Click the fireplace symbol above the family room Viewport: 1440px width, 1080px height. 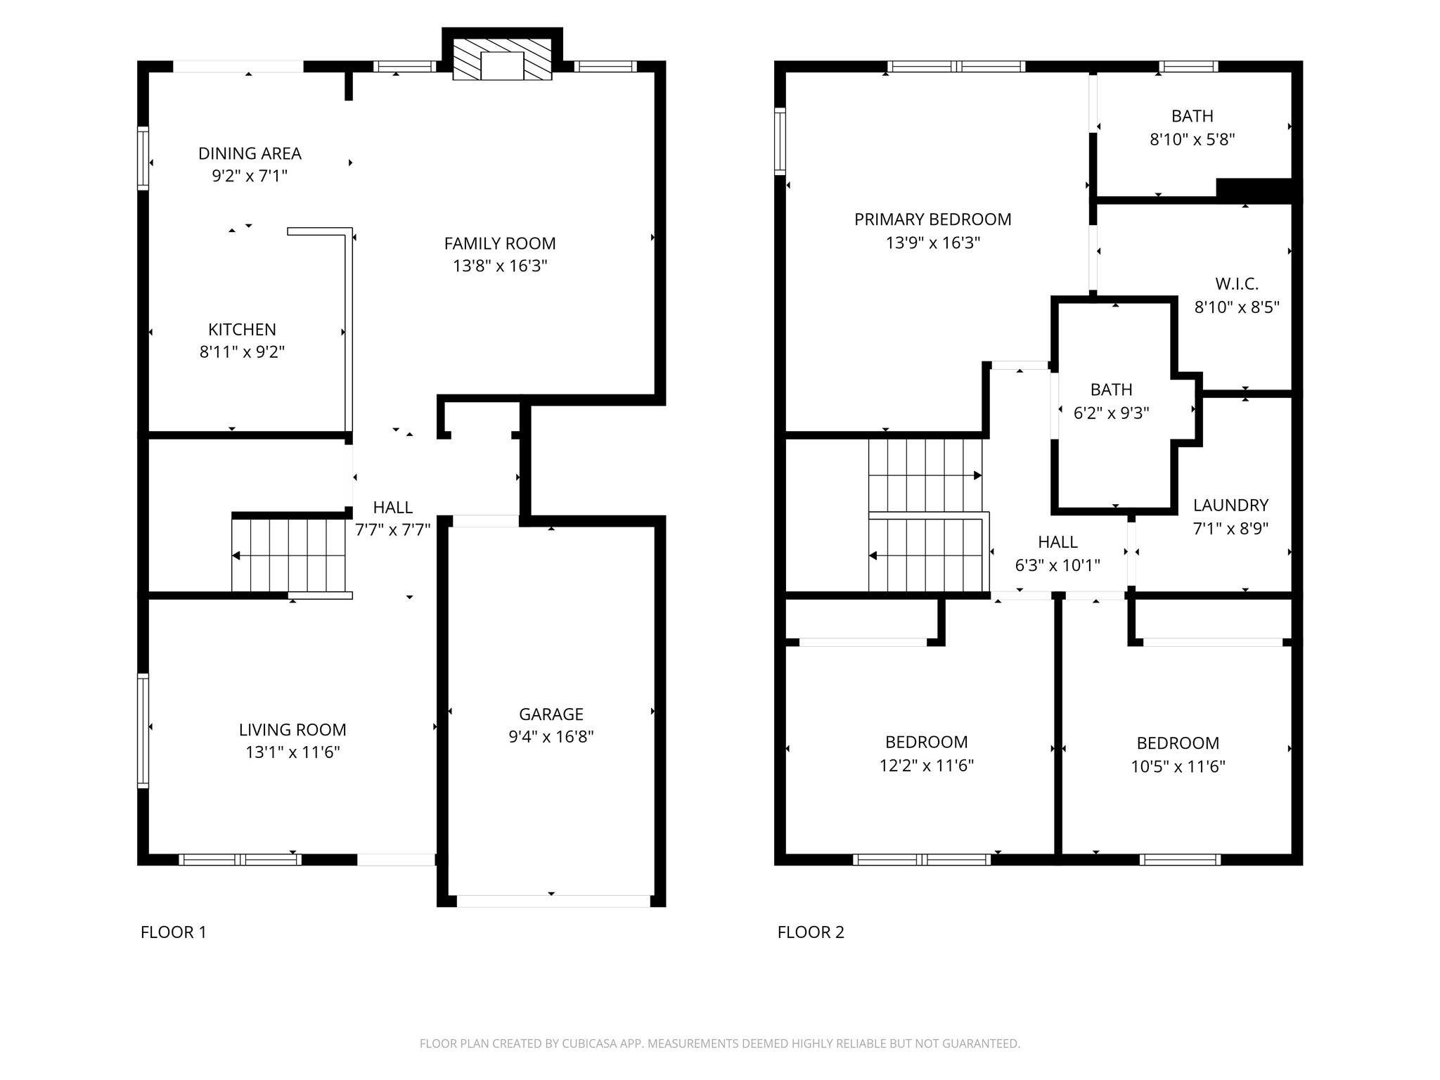tap(502, 59)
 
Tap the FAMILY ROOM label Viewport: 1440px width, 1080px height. tap(500, 244)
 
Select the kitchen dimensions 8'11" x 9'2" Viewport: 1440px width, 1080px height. tap(242, 352)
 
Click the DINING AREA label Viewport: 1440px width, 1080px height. tap(250, 153)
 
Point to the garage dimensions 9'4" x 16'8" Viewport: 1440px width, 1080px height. tap(551, 736)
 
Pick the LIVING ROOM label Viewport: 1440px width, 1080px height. tap(292, 730)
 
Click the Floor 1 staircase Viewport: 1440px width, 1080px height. tap(289, 555)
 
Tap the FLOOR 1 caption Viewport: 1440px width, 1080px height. tap(174, 932)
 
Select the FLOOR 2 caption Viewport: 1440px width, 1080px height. tap(811, 932)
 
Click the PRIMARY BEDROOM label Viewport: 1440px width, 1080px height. tap(933, 219)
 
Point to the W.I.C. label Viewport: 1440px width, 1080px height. tap(1237, 284)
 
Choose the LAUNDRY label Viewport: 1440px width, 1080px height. tap(1230, 505)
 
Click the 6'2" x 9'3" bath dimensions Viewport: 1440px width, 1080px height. tap(1111, 413)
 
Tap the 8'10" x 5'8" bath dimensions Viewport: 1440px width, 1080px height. tap(1192, 139)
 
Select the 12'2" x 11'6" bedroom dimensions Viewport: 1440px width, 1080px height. tap(927, 765)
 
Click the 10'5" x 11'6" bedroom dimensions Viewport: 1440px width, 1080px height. tap(1178, 766)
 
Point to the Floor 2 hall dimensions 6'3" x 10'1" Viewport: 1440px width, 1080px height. tap(1057, 565)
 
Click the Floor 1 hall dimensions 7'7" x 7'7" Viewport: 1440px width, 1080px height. tap(392, 529)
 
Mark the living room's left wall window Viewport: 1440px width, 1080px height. tap(143, 731)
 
